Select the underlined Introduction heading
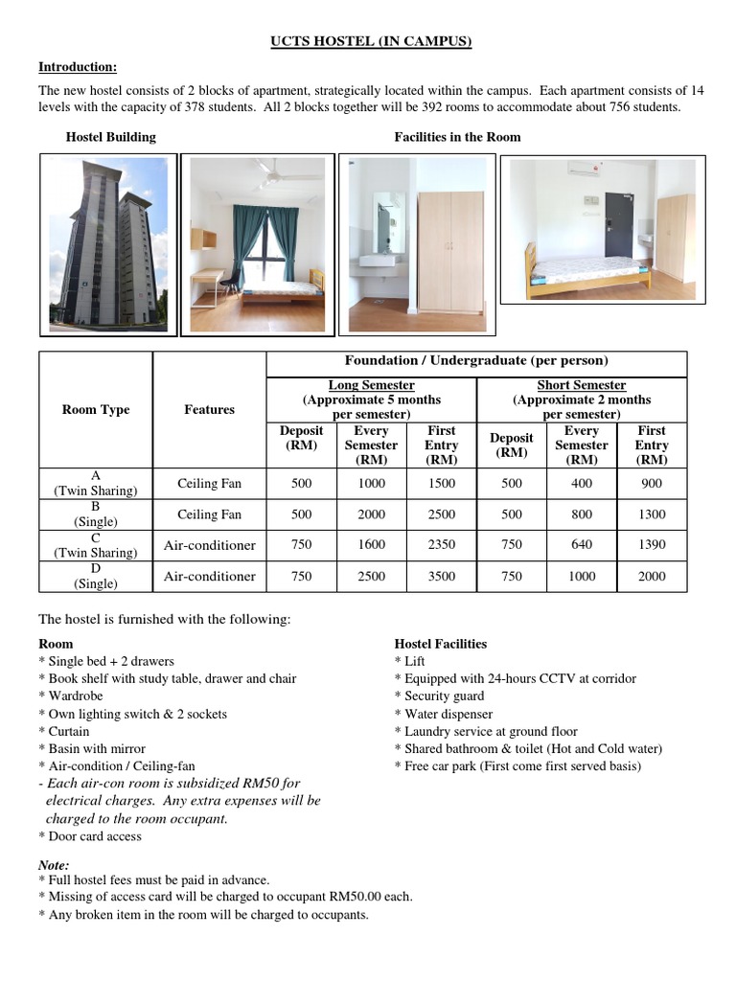tap(77, 66)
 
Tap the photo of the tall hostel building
tap(106, 243)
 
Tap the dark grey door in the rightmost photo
tap(617, 231)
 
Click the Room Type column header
tap(95, 409)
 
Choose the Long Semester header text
tap(371, 385)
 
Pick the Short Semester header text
tap(582, 385)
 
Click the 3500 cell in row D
tap(441, 576)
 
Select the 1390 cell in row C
tap(651, 544)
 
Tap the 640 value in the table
tap(581, 544)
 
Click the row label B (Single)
tap(95, 514)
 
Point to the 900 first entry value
tap(651, 484)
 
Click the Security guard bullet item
tap(444, 696)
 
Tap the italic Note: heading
tap(54, 864)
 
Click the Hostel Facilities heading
tap(441, 644)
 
